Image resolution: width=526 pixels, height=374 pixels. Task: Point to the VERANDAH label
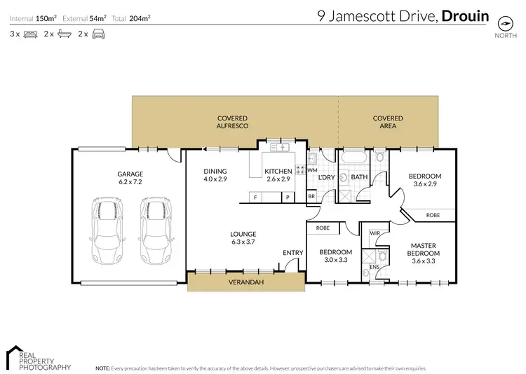(x=246, y=283)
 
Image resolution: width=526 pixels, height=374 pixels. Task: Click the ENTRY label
(x=292, y=252)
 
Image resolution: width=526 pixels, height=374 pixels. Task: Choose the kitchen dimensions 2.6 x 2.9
(x=277, y=179)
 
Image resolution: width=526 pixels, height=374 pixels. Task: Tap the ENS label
(x=374, y=267)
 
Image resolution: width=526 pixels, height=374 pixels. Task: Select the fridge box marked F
(x=255, y=198)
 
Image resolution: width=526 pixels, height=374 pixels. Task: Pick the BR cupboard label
(x=311, y=198)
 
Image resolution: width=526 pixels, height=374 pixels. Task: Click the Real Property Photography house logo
(x=14, y=354)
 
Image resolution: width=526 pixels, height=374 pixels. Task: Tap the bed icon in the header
(x=30, y=34)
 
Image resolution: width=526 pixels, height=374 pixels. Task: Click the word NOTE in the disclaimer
(x=102, y=368)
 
